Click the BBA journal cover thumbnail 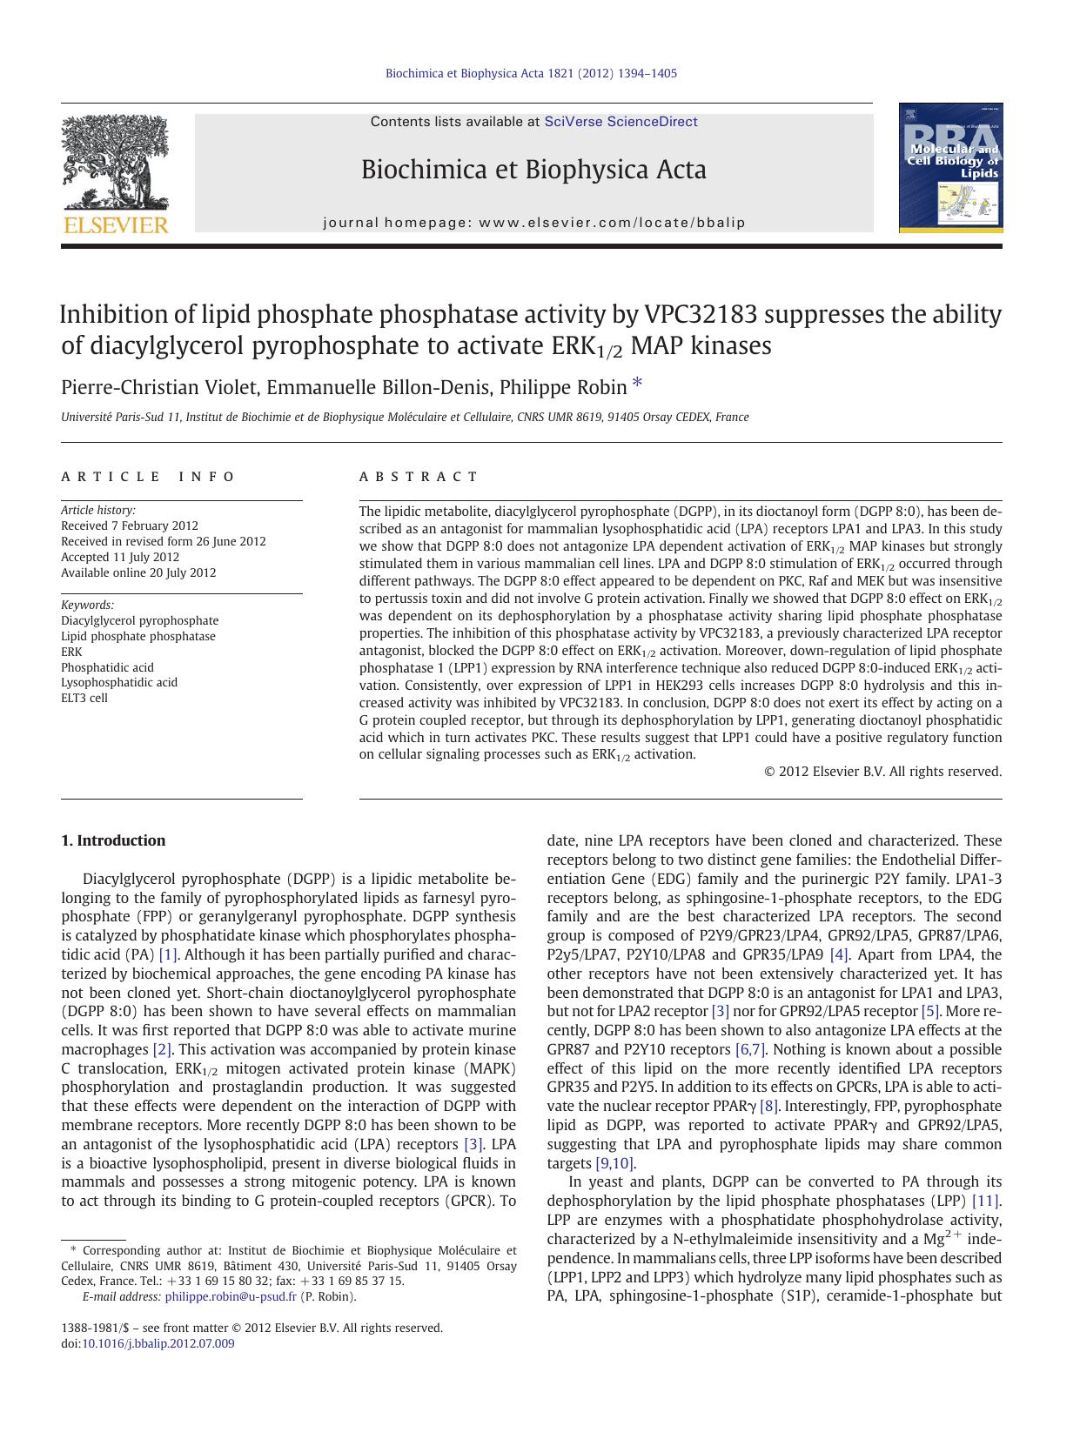coord(950,168)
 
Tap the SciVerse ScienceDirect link coord(620,122)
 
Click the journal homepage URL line coord(534,223)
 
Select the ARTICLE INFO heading coord(148,477)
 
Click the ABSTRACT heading coord(419,477)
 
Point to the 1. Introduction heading coord(113,840)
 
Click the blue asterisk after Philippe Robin coord(638,384)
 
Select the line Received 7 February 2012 coord(130,525)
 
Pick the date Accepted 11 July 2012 coord(120,557)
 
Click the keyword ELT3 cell coord(84,698)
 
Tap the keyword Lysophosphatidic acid coord(119,682)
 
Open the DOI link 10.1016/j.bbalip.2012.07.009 coord(158,1343)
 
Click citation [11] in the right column coord(986,1201)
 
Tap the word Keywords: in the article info coord(87,605)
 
